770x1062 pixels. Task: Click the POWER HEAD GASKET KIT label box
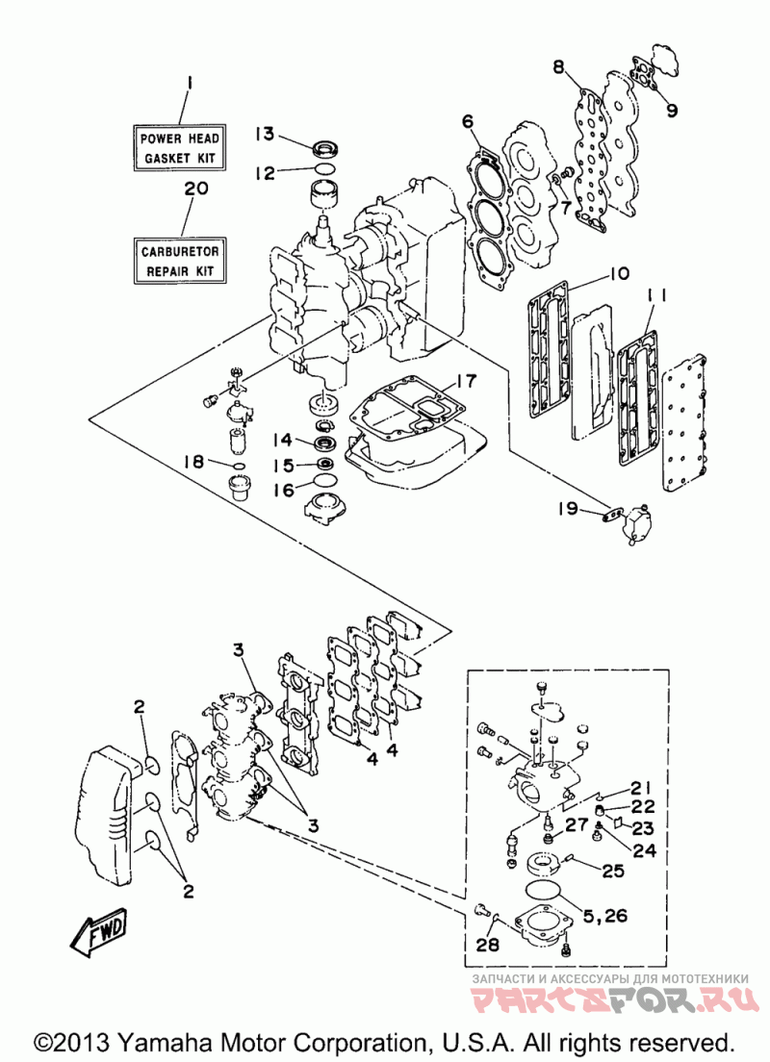[x=179, y=147]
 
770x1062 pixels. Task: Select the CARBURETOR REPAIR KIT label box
[x=179, y=261]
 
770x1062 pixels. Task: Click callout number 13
[x=265, y=134]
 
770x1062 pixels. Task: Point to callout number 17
[x=467, y=381]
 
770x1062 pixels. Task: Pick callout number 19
[x=567, y=507]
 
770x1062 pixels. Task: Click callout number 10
[x=619, y=273]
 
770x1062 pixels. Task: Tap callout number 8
[x=558, y=66]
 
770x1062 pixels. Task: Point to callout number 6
[x=468, y=122]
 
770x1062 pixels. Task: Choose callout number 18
[x=193, y=461]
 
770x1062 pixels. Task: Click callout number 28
[x=487, y=944]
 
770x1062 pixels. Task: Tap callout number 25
[x=613, y=870]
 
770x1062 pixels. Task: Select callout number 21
[x=640, y=788]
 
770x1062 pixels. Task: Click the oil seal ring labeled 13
[x=325, y=147]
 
